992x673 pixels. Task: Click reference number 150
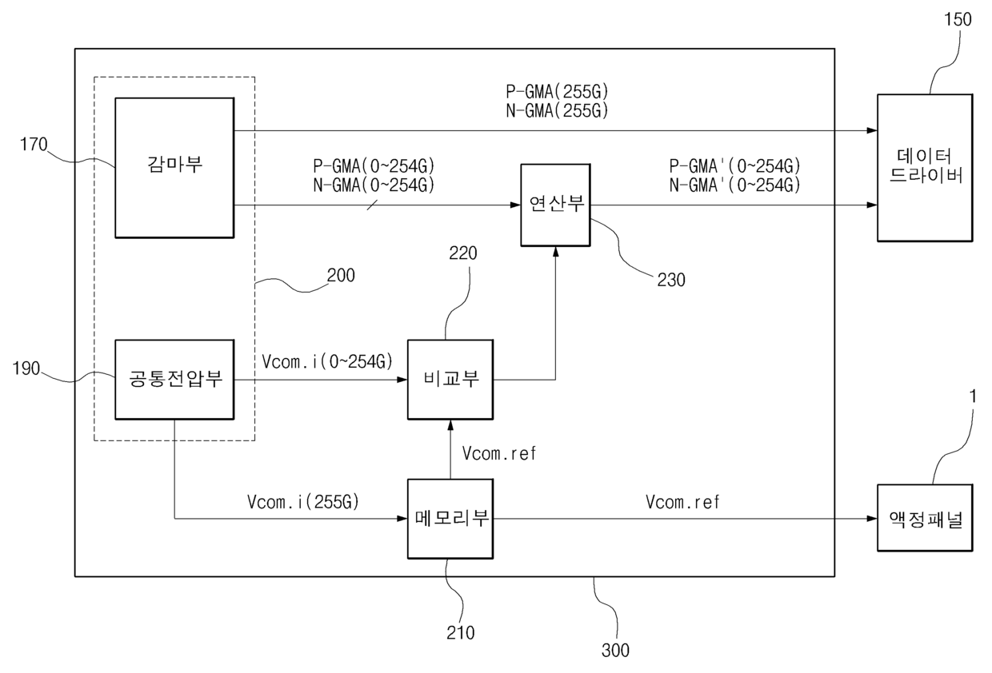958,19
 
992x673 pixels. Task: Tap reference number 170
34,144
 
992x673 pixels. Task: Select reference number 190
26,368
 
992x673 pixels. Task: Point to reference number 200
341,275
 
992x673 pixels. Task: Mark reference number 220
462,253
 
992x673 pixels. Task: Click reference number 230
671,280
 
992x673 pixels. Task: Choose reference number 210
461,633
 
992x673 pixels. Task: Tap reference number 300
615,651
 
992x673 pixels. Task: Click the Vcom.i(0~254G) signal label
327,361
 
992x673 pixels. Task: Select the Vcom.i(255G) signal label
303,502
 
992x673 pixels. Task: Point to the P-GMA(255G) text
557,92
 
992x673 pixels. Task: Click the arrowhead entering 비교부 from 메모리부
450,425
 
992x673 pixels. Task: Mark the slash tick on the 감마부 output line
372,205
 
